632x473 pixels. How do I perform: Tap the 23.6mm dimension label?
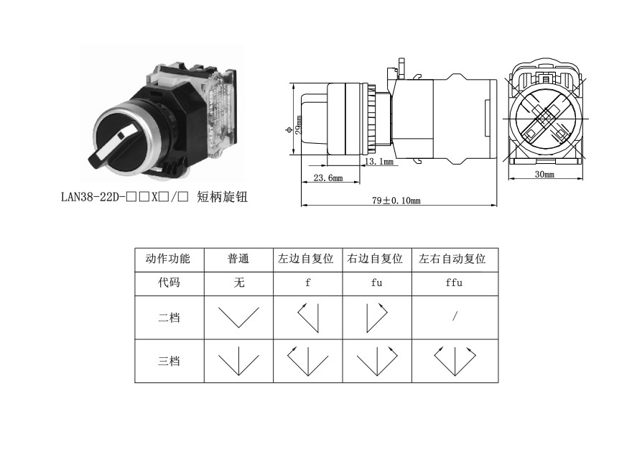327,178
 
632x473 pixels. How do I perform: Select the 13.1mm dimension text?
380,162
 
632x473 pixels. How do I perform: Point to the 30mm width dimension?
544,174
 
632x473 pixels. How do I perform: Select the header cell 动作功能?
168,259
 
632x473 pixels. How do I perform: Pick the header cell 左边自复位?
307,259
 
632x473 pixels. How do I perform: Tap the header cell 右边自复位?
376,259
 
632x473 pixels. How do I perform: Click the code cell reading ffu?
454,283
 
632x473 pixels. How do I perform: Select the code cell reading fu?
376,283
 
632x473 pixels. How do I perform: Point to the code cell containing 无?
238,283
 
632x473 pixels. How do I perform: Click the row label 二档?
168,317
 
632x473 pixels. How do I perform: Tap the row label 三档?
168,361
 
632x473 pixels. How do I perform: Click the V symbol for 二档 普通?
238,317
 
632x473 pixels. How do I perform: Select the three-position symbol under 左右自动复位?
454,361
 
